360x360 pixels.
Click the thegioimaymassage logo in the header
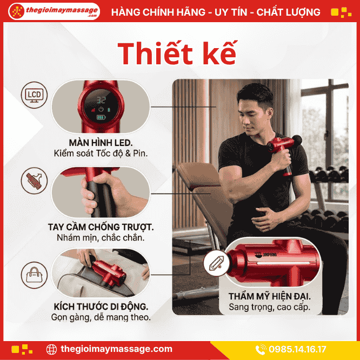point(54,11)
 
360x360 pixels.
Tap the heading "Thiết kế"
point(177,54)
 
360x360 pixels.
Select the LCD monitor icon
point(34,95)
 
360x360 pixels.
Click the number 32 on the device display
point(101,100)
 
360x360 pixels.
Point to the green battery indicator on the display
point(101,117)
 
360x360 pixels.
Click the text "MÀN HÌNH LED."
point(101,143)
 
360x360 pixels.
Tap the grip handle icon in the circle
point(34,181)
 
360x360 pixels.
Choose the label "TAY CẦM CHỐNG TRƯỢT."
point(101,227)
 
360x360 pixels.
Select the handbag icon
point(34,275)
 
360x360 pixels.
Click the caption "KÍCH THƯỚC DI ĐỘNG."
point(101,306)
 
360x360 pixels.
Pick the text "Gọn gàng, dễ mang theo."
point(101,317)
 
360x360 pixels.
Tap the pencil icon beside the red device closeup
point(216,263)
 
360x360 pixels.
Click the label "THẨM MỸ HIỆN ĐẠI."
point(270,296)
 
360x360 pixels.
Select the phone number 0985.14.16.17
point(297,349)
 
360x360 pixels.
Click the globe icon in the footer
point(51,350)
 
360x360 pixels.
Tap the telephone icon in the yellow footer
point(261,349)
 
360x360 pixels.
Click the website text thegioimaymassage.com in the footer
point(116,349)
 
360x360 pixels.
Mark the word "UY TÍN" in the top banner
point(231,12)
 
